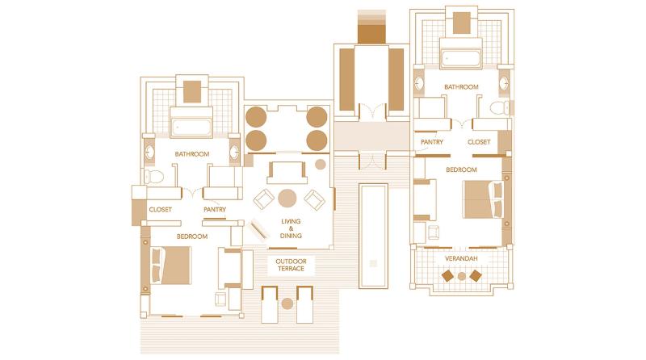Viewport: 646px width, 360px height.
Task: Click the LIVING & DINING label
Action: (291, 228)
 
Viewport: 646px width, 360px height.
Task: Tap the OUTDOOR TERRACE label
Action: (290, 266)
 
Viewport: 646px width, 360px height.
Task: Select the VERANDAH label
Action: (460, 258)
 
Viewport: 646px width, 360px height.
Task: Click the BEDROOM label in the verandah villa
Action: (461, 170)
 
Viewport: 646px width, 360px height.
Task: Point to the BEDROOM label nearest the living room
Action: (192, 237)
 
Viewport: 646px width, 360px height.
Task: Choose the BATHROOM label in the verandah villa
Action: (461, 87)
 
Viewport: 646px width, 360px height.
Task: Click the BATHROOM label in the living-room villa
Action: (192, 154)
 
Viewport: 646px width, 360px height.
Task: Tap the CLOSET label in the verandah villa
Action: (479, 143)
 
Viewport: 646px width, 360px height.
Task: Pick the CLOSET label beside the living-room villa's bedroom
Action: (160, 210)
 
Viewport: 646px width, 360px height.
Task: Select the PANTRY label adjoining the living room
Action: (214, 210)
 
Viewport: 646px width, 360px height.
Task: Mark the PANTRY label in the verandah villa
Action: (431, 143)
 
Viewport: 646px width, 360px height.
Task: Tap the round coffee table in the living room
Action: (288, 198)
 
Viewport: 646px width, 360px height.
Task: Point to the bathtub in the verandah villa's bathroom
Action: (460, 57)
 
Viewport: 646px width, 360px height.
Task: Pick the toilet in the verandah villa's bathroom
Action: (498, 107)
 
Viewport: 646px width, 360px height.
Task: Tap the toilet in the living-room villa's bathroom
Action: (153, 176)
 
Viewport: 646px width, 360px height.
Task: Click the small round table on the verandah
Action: (461, 275)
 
